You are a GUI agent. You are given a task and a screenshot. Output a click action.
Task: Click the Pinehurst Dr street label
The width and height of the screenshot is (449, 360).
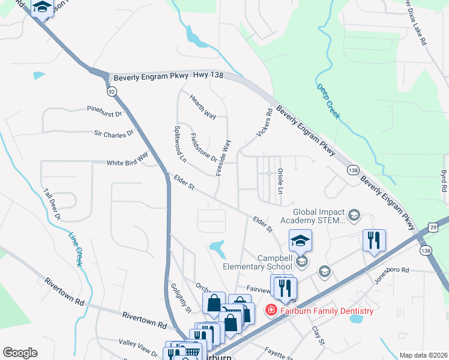click(x=104, y=112)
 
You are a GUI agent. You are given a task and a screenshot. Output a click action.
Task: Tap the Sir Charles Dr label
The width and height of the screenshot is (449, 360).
click(x=113, y=134)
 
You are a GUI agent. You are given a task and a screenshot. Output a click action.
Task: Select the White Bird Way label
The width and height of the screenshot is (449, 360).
click(x=127, y=160)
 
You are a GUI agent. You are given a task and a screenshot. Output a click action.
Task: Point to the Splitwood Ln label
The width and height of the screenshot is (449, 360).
click(x=179, y=145)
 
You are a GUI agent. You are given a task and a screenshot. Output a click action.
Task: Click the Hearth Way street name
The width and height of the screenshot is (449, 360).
click(x=202, y=106)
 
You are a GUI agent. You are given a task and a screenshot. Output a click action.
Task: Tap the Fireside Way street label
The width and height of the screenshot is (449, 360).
click(x=223, y=157)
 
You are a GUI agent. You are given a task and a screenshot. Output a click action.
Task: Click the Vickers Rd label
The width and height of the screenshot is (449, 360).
click(x=265, y=123)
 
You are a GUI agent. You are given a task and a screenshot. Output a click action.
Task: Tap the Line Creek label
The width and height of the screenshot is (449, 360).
click(x=75, y=249)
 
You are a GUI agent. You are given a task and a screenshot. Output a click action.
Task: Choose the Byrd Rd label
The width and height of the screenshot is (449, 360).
click(x=444, y=180)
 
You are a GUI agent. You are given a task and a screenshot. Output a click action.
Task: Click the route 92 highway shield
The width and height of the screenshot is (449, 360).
click(x=112, y=92)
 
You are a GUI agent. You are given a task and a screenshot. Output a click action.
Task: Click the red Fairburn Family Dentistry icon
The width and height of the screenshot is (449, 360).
click(x=271, y=310)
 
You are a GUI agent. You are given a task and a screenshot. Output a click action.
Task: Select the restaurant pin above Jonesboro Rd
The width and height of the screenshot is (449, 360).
click(x=374, y=241)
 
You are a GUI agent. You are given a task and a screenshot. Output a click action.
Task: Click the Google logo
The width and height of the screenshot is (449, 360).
click(x=20, y=352)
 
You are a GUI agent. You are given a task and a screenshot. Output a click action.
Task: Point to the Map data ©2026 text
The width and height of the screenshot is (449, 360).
click(x=423, y=355)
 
